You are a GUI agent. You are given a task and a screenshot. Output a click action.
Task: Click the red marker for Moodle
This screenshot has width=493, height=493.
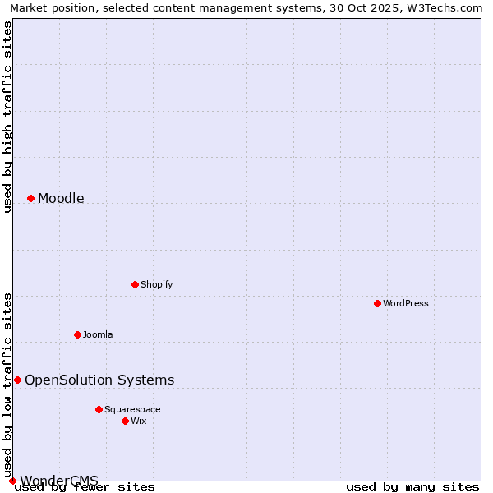point(30,198)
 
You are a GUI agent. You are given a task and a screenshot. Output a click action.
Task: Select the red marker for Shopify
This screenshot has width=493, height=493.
point(135,284)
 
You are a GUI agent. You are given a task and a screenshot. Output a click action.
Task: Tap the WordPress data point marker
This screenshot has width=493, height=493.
point(377,303)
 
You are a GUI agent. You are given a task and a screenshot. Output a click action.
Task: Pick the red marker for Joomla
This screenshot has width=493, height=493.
point(77,334)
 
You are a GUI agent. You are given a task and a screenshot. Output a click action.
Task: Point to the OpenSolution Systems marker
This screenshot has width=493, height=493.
point(17,380)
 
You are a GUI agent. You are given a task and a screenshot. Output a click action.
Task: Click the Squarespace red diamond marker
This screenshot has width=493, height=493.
point(99,409)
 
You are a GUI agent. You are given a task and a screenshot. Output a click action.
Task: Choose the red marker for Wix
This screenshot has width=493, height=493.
point(125,421)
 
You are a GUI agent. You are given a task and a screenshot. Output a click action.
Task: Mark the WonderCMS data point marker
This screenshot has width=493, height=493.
point(12,481)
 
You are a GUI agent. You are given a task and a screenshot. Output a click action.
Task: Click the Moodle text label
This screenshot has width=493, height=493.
point(61,198)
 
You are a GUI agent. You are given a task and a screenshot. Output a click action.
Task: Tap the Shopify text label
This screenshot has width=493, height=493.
point(156,284)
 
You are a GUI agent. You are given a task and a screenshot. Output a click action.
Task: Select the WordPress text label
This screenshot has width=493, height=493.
point(405,303)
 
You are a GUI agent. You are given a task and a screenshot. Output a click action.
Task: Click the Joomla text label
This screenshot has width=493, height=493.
point(98,334)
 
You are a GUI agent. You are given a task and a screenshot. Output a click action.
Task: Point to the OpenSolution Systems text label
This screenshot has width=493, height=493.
point(99,380)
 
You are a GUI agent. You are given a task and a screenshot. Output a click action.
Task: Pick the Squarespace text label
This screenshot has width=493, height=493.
point(132,409)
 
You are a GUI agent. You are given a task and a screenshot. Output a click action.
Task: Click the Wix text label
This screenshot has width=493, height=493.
point(138,421)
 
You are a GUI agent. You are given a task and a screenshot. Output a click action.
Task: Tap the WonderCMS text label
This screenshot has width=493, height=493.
point(59,481)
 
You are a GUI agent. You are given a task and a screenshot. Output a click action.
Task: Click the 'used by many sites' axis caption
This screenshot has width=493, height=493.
point(412,487)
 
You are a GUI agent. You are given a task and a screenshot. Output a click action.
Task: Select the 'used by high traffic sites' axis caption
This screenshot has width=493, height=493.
point(7,117)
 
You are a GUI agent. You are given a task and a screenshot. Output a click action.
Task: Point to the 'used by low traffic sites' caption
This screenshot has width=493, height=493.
point(7,385)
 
